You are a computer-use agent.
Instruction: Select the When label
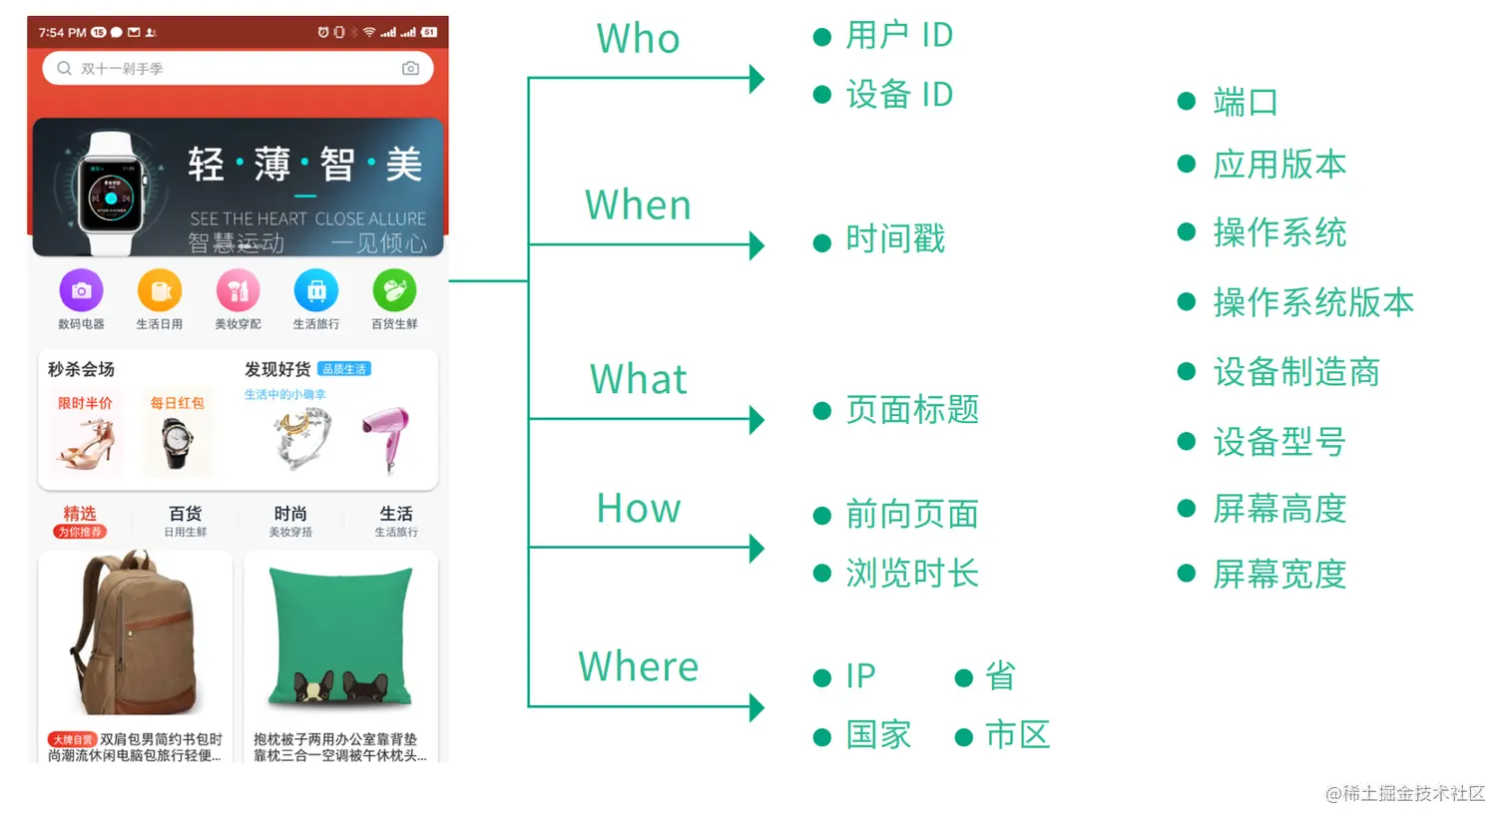(638, 206)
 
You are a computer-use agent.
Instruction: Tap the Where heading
(638, 666)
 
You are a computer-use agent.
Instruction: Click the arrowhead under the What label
(756, 419)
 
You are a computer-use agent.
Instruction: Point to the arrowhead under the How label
(756, 548)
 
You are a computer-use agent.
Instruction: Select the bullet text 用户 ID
(899, 36)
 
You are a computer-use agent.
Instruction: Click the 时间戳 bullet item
(895, 239)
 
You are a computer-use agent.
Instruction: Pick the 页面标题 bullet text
(912, 410)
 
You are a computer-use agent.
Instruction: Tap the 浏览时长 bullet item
(912, 574)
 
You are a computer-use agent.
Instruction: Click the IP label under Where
(860, 676)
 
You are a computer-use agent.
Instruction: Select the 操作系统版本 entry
(1313, 302)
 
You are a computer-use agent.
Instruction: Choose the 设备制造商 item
(1296, 372)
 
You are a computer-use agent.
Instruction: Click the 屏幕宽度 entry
(1279, 575)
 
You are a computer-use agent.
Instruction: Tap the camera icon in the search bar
(410, 68)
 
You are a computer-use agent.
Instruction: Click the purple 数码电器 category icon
(81, 291)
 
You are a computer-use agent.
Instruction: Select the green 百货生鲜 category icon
(394, 291)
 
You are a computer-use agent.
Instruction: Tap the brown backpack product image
(134, 634)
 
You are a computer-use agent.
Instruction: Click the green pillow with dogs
(340, 634)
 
